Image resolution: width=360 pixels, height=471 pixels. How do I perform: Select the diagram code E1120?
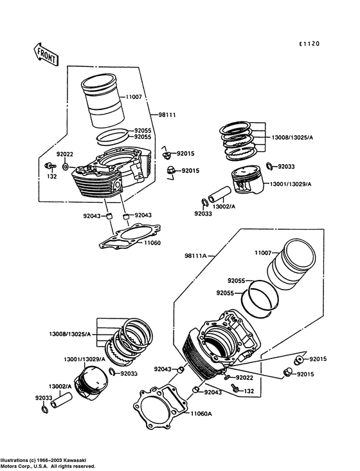pyautogui.click(x=309, y=44)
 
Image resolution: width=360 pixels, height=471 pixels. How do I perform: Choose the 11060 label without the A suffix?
pyautogui.click(x=152, y=243)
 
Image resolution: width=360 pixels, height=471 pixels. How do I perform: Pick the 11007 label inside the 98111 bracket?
pyautogui.click(x=134, y=97)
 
